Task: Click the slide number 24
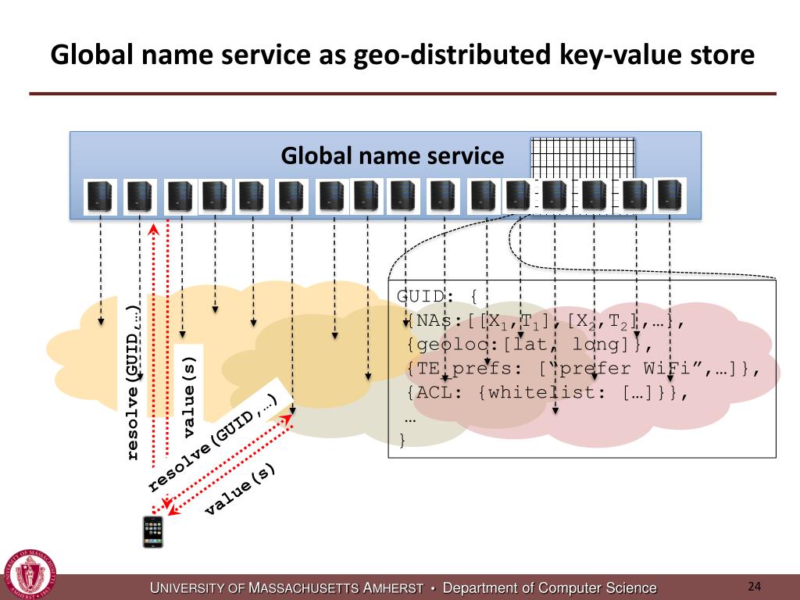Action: tap(754, 587)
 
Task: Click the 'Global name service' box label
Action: tap(392, 156)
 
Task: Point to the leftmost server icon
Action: tap(100, 197)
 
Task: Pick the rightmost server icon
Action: tap(670, 195)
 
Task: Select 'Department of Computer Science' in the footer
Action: tap(550, 588)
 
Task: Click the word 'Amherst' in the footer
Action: tap(388, 588)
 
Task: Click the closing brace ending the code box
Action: tap(402, 441)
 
